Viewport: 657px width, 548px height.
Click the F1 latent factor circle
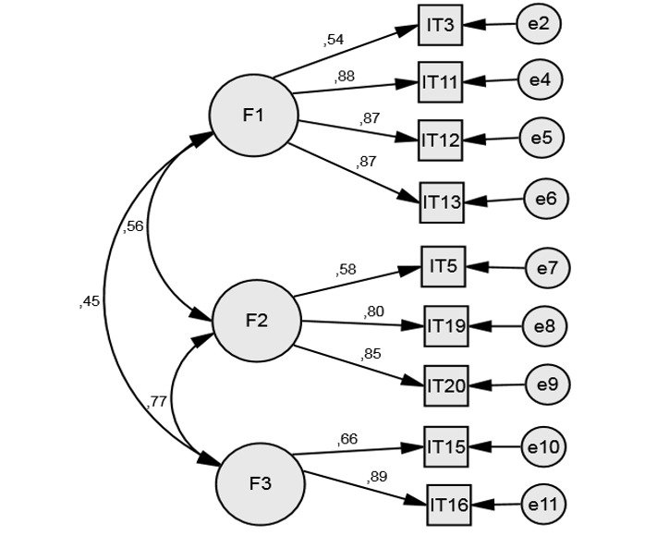(x=254, y=116)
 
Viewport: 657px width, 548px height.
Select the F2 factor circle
(x=257, y=322)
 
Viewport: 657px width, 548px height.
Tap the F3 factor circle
(x=260, y=484)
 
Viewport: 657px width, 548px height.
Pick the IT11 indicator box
(x=441, y=82)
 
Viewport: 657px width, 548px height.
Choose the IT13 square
(x=442, y=201)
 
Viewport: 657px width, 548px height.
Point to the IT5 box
(x=444, y=267)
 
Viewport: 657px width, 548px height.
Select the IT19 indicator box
(x=446, y=325)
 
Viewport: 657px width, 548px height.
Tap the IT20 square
(x=446, y=385)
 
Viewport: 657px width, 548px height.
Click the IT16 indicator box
(x=449, y=505)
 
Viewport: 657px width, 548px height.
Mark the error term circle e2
(x=539, y=23)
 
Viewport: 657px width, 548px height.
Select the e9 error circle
(x=547, y=384)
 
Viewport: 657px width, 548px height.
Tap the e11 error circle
(x=544, y=505)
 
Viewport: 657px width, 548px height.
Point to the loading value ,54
(x=334, y=40)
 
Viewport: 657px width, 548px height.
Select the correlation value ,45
(x=89, y=300)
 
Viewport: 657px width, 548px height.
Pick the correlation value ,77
(x=156, y=402)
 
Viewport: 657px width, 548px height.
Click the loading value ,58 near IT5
(x=346, y=269)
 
